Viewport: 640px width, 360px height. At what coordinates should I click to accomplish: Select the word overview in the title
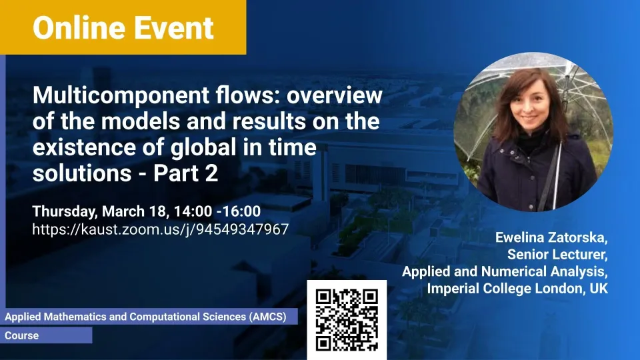coord(335,95)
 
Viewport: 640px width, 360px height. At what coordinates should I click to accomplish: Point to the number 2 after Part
coord(211,173)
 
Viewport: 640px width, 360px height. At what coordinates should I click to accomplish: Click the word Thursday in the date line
coord(65,212)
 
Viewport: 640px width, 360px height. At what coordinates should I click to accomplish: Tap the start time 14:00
coord(193,211)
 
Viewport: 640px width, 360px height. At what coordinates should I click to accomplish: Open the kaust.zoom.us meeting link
coord(161,229)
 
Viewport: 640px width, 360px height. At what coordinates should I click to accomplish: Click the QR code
coord(347,320)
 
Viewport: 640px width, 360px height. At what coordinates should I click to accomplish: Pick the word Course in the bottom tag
coord(21,335)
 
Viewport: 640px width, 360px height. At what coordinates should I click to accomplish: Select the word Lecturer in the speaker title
coord(581,254)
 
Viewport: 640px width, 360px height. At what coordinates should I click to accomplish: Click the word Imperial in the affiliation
coord(453,289)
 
